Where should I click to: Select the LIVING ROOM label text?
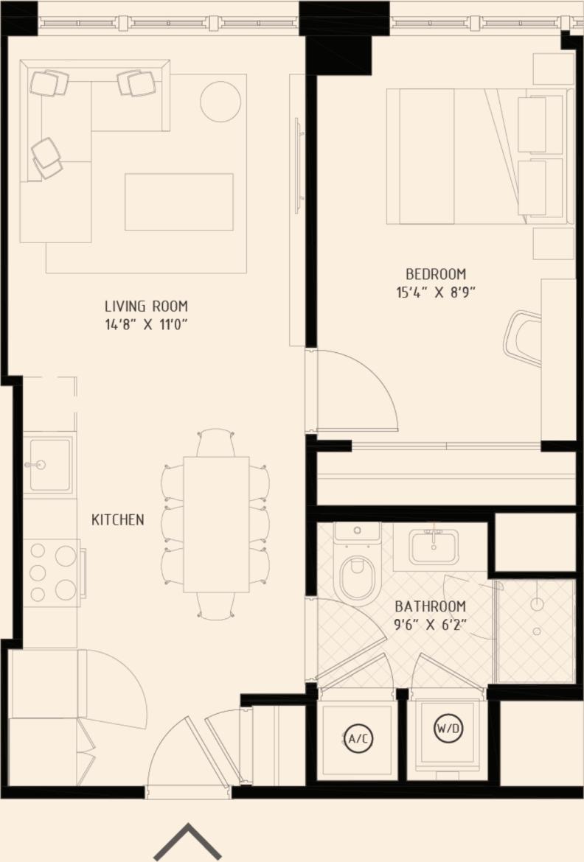tap(146, 306)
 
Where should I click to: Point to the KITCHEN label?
tap(118, 520)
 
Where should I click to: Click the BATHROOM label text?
tap(431, 607)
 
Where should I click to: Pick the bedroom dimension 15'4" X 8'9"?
tap(435, 292)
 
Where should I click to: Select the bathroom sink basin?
tap(434, 547)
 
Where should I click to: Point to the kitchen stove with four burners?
tap(54, 572)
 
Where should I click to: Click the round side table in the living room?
tap(220, 101)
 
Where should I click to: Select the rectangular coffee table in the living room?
tap(179, 202)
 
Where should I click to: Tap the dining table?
tap(216, 524)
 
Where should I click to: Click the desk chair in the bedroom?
tap(524, 338)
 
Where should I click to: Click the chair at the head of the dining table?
tap(216, 443)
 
